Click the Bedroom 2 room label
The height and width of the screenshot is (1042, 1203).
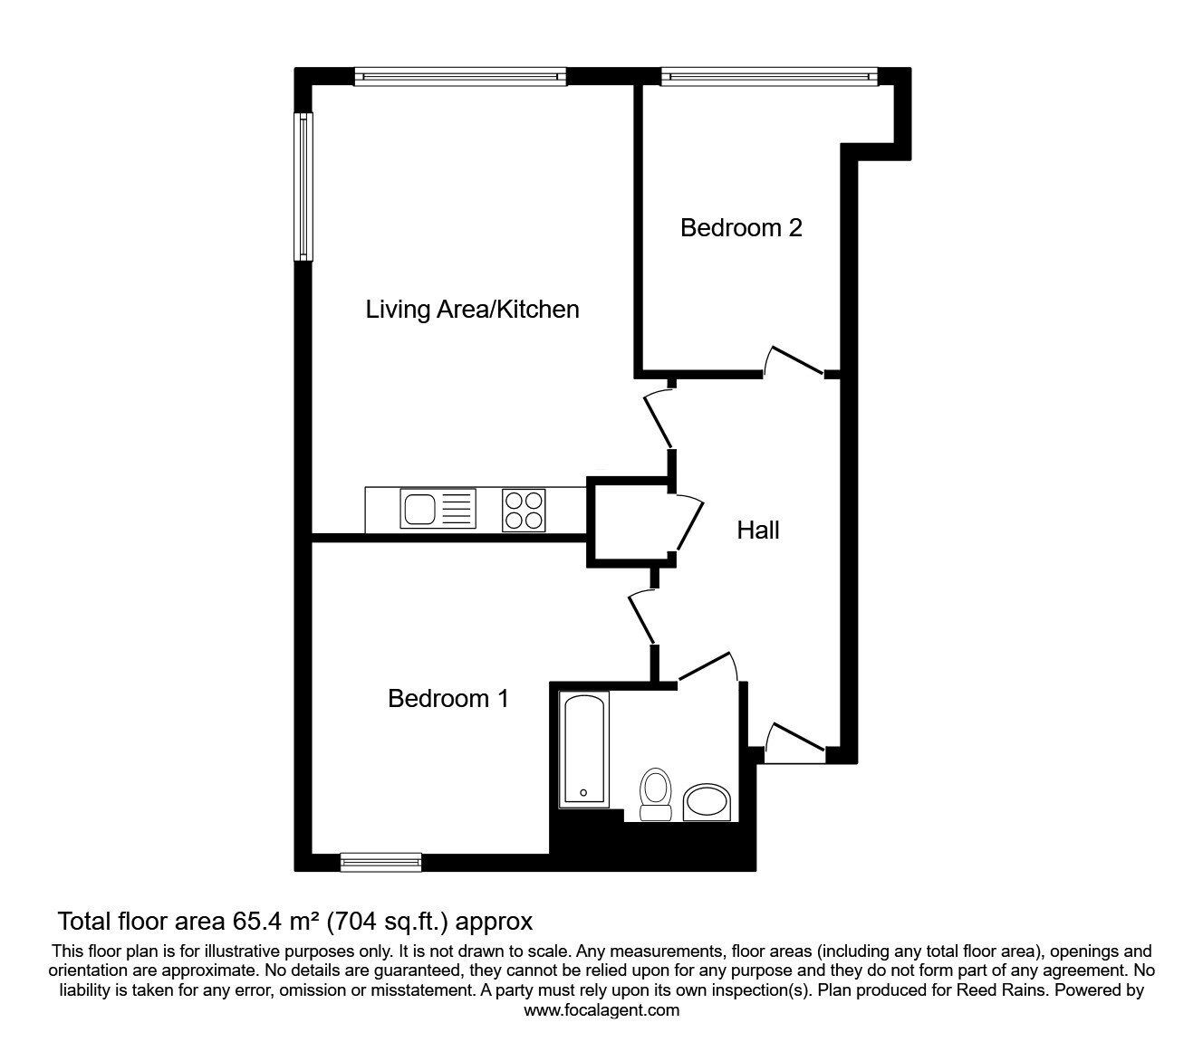[x=741, y=227]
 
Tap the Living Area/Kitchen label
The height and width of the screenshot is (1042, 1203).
[x=472, y=310]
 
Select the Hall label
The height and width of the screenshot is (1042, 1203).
[x=758, y=530]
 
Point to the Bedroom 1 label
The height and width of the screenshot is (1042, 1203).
[x=448, y=698]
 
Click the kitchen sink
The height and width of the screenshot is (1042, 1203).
[x=438, y=509]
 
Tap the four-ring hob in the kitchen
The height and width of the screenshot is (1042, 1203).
[x=524, y=511]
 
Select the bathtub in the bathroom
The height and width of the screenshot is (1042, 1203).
[x=583, y=750]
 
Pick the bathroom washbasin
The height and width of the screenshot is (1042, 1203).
[x=707, y=803]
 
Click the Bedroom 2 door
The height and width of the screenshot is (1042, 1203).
[x=795, y=360]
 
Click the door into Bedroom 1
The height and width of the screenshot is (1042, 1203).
[x=642, y=619]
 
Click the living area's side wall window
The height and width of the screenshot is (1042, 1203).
[x=303, y=186]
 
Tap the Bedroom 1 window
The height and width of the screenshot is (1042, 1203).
[x=380, y=862]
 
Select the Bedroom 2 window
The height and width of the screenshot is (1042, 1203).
[x=769, y=77]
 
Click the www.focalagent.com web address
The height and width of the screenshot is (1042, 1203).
[x=601, y=1010]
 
